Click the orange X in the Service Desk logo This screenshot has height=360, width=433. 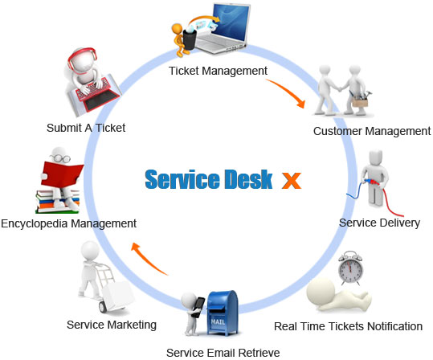[292, 181]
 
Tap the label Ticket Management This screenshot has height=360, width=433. [218, 71]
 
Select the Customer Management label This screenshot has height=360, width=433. [372, 131]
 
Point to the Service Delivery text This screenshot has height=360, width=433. [380, 223]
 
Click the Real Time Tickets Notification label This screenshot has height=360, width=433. [348, 326]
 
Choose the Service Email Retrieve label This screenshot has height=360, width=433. [223, 353]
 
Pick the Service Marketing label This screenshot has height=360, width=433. [112, 325]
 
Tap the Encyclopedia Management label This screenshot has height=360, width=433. [68, 223]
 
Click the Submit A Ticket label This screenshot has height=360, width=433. [86, 128]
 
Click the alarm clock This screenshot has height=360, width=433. [350, 268]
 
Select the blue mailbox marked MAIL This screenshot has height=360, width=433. [223, 313]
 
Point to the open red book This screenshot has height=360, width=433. [62, 174]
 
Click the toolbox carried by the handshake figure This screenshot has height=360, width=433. [360, 100]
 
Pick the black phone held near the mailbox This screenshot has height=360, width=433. [198, 307]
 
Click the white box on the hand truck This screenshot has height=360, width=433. [118, 296]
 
